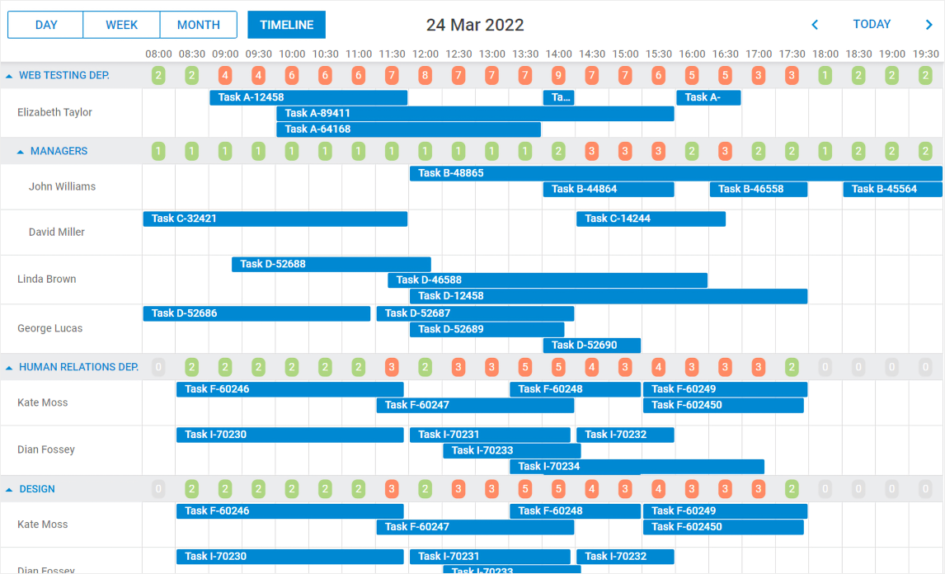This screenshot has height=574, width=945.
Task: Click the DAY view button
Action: tap(46, 25)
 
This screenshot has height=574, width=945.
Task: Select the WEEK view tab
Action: tap(122, 25)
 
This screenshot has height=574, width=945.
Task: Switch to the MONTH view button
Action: tap(199, 25)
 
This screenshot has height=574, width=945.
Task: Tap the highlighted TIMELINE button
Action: tap(287, 25)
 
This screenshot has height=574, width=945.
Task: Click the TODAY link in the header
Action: tap(872, 24)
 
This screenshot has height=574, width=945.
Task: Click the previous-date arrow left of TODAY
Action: tap(815, 25)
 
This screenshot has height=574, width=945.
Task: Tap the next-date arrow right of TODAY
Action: tap(929, 25)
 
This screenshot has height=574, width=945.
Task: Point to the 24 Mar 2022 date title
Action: tap(475, 25)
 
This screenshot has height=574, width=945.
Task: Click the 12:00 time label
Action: tap(425, 54)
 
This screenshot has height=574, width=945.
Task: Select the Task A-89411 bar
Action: tap(475, 114)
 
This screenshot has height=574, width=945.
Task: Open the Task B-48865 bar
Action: tap(675, 173)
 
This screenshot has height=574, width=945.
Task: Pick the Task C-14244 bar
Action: tap(651, 219)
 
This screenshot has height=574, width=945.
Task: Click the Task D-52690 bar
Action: tap(591, 345)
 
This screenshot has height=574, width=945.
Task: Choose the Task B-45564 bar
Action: tap(892, 189)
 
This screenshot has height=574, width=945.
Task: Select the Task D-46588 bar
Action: tap(548, 280)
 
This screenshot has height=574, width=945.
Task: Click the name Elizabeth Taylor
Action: tap(55, 112)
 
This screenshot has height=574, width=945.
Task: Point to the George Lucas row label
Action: tap(50, 328)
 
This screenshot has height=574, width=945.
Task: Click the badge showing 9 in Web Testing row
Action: tap(558, 76)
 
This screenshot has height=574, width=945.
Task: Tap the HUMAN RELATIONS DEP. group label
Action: tap(78, 367)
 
